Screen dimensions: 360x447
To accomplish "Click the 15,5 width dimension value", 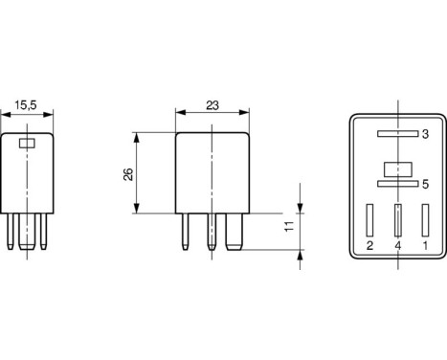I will (x=30, y=109).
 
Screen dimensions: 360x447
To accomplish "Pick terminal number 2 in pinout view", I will (x=369, y=245).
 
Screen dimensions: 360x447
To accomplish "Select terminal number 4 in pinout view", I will (x=396, y=245).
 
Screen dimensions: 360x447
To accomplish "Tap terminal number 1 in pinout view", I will (x=424, y=245).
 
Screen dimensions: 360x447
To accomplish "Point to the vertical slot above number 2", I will (x=369, y=219).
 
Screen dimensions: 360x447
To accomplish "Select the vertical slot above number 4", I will (x=396, y=220).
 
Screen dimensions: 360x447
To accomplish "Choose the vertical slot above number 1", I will (x=424, y=219).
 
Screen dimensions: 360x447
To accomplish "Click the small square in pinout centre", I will (x=396, y=167).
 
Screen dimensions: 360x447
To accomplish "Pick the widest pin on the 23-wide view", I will (x=232, y=233).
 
